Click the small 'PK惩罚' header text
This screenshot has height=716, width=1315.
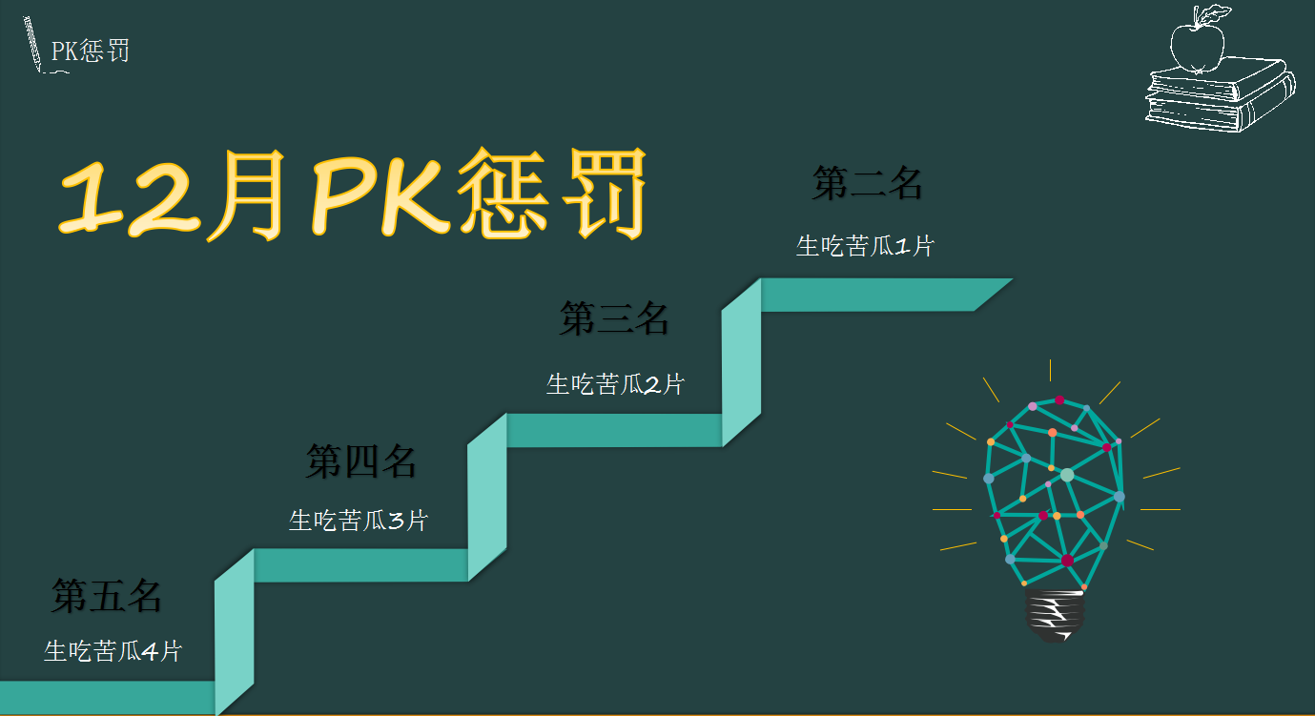pyautogui.click(x=90, y=51)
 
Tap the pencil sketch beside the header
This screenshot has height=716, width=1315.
pyautogui.click(x=34, y=44)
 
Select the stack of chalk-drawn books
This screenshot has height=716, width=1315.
pyautogui.click(x=1220, y=94)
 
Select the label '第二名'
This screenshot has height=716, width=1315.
pyautogui.click(x=867, y=183)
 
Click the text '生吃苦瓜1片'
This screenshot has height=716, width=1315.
pyautogui.click(x=865, y=246)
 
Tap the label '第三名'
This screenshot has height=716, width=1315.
pyautogui.click(x=614, y=318)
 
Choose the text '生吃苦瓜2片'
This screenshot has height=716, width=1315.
pyautogui.click(x=615, y=385)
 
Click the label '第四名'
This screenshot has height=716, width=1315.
pyautogui.click(x=360, y=461)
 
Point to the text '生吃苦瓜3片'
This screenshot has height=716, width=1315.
pyautogui.click(x=359, y=521)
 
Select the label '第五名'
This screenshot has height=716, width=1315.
pyautogui.click(x=106, y=596)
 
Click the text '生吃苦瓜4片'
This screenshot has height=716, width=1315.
pyautogui.click(x=113, y=652)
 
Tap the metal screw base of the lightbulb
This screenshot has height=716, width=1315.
pyautogui.click(x=1054, y=615)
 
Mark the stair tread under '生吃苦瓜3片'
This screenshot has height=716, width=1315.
pyautogui.click(x=360, y=565)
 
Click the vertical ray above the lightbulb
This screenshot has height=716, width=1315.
pyautogui.click(x=1050, y=370)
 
